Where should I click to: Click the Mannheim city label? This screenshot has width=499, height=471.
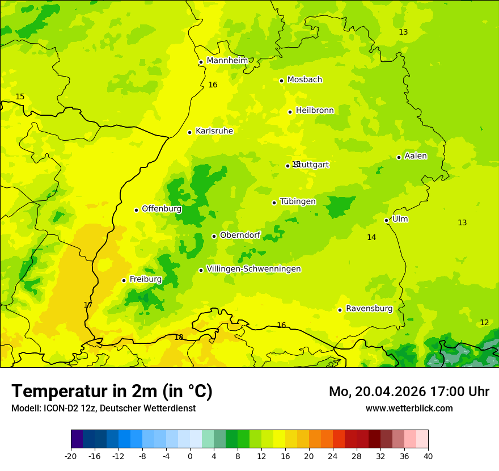point(227,61)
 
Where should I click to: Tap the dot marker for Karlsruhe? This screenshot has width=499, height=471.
point(189,132)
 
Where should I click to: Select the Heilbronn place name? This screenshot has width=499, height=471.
point(315,111)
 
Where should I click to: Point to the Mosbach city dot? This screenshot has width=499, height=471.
point(281,81)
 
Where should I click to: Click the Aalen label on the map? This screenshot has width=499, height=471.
point(416,156)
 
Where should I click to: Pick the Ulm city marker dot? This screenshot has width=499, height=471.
point(386,220)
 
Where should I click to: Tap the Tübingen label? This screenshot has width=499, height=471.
point(298,201)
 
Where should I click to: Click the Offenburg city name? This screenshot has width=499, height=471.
point(162,209)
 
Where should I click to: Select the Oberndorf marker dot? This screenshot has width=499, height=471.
point(214,236)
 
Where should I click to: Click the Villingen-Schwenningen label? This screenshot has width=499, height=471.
point(253,269)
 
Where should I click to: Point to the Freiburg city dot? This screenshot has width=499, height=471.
point(124,280)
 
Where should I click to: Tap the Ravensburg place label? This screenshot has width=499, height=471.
point(369,309)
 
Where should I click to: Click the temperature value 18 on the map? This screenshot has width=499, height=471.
point(179,338)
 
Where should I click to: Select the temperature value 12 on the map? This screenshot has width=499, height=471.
point(484,323)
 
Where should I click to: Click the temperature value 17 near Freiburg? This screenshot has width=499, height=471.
point(88,305)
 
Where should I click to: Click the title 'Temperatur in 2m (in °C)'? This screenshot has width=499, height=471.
point(112,391)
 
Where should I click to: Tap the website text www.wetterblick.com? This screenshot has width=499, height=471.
point(409,409)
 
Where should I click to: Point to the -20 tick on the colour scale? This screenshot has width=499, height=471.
point(71,456)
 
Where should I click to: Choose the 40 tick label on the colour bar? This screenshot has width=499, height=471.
point(428,456)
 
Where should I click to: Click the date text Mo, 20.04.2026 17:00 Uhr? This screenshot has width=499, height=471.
point(409,392)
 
